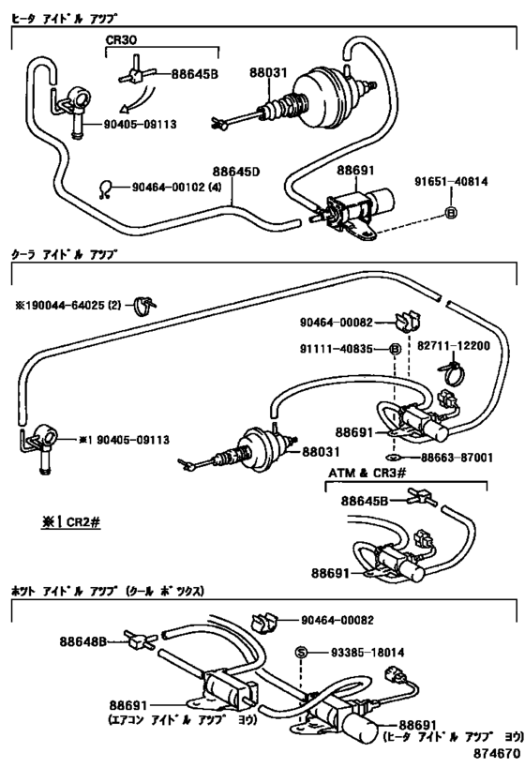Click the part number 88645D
(x=236, y=173)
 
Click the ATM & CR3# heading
(x=365, y=474)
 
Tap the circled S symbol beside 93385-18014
(x=301, y=654)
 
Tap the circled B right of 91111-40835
(x=395, y=350)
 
